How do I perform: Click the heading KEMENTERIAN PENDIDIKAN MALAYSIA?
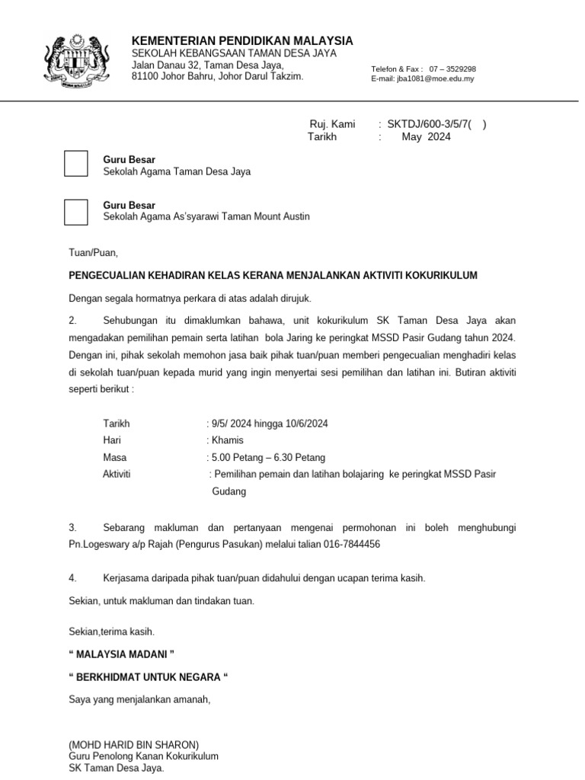242,40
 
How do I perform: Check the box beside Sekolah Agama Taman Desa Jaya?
76,165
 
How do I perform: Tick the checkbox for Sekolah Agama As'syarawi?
76,211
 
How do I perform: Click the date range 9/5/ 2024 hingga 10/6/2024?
269,424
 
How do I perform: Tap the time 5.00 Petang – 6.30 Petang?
267,458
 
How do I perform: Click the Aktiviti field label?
117,475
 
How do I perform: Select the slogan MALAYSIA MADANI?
122,654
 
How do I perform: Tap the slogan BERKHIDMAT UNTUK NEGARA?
149,676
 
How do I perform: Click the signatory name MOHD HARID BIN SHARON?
133,744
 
